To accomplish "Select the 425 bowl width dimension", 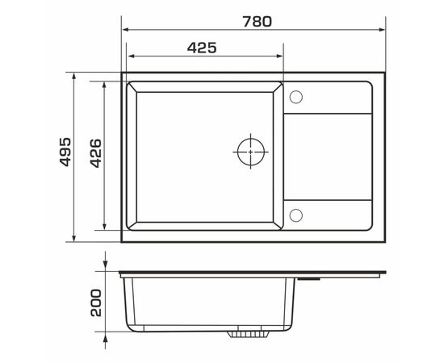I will point(202,48).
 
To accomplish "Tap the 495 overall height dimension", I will point(65,152).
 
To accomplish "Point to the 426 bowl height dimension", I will point(94,152).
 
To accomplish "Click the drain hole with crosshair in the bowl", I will point(252,152).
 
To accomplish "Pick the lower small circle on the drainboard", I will point(295,215).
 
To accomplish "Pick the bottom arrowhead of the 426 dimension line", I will point(105,225).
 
